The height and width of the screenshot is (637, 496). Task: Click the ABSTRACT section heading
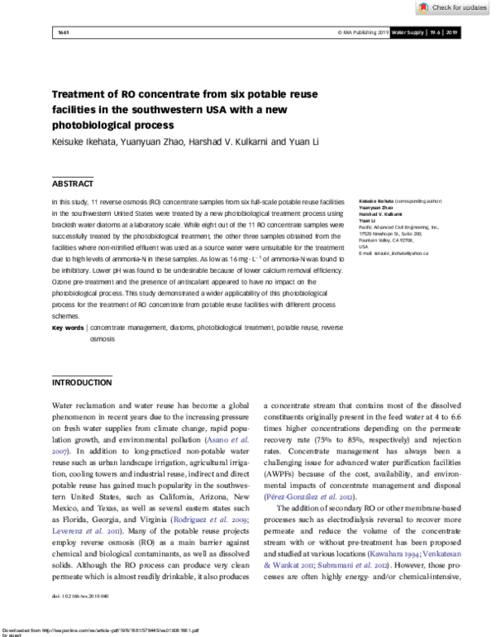coord(73,184)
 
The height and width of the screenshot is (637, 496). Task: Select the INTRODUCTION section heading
coord(82,383)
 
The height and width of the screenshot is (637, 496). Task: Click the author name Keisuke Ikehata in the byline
coord(83,141)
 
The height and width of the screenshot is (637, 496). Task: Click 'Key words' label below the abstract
coord(68,328)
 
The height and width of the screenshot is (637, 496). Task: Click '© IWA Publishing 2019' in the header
coord(360,33)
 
